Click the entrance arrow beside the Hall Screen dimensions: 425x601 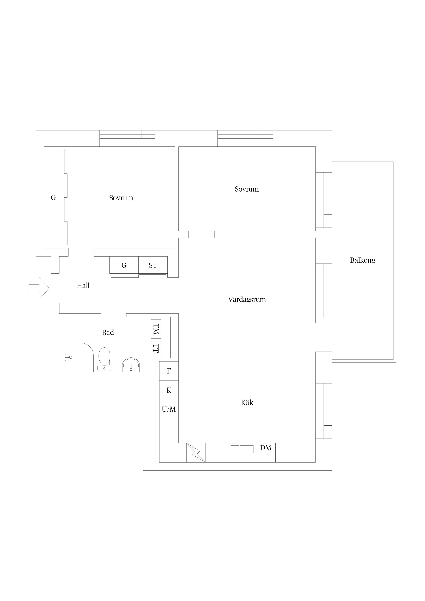coord(39,288)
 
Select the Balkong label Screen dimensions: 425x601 coord(363,260)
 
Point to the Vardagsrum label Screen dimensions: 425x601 coord(247,299)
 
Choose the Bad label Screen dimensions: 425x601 coord(108,332)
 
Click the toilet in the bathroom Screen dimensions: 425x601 coord(105,359)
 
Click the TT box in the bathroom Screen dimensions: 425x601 coord(156,348)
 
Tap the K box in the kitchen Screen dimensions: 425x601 coord(169,390)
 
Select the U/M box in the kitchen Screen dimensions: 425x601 coord(169,409)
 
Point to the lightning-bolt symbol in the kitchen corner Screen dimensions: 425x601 coord(196,453)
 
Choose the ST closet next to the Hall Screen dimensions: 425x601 coord(153,265)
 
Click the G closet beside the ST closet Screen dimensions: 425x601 coord(124,265)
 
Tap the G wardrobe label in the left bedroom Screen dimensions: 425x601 coord(53,198)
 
